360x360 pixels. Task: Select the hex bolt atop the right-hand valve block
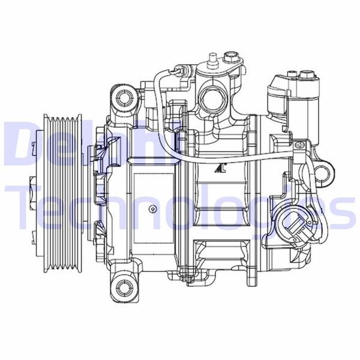tap(305, 75)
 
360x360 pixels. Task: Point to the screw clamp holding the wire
tap(299, 146)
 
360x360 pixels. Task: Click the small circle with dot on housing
tap(154, 209)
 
